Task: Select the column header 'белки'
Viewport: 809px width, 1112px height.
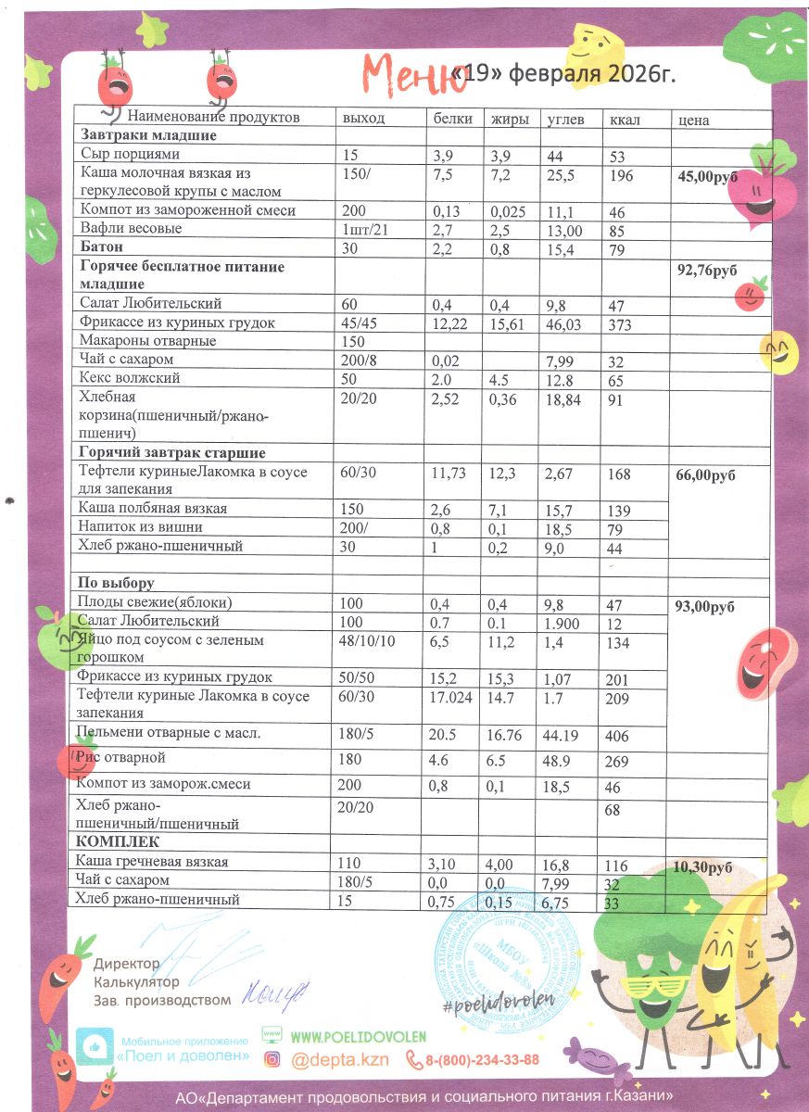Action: pyautogui.click(x=453, y=119)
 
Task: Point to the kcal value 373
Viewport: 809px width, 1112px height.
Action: pyautogui.click(x=622, y=322)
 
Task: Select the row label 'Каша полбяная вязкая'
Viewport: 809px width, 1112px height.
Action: pyautogui.click(x=152, y=509)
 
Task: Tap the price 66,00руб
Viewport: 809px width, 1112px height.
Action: pyautogui.click(x=707, y=475)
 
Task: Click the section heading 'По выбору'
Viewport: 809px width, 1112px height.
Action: pyautogui.click(x=116, y=584)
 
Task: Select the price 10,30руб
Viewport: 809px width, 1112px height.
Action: pyautogui.click(x=702, y=868)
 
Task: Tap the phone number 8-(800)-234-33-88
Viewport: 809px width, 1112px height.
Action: pyautogui.click(x=482, y=1059)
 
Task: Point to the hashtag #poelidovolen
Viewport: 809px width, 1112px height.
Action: pyautogui.click(x=491, y=1004)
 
